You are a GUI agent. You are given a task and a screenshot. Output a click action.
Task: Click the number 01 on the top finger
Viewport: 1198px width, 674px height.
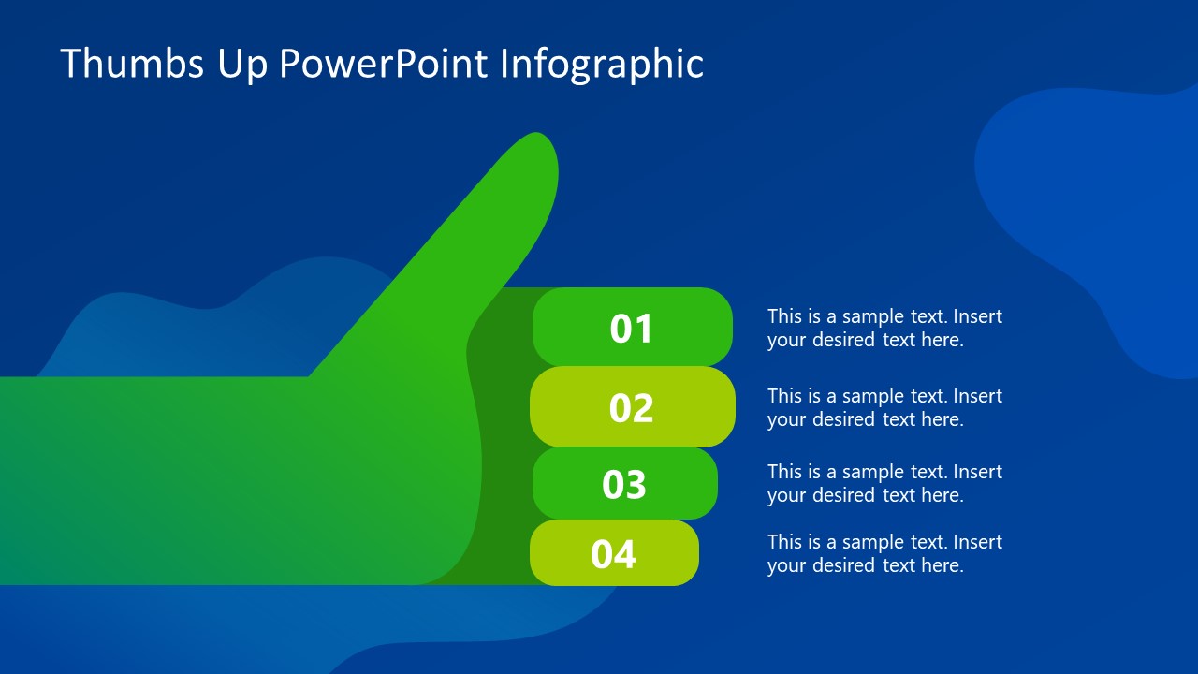[631, 329]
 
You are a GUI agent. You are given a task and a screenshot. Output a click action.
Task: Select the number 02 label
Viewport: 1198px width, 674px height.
[631, 408]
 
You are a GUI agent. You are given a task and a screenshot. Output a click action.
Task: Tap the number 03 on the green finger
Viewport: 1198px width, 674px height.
[624, 485]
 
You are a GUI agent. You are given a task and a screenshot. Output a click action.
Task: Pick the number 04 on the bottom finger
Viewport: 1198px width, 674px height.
[613, 554]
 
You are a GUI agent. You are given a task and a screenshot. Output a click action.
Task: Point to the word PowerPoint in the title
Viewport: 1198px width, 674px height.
[384, 64]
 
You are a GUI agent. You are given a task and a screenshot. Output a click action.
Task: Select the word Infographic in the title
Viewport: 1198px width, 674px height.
[602, 64]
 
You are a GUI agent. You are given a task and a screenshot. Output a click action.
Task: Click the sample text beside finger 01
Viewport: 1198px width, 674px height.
[884, 328]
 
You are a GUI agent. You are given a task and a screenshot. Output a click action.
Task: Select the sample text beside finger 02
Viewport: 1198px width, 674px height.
[884, 407]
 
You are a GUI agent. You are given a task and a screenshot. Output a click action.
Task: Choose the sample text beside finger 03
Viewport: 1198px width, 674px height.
[884, 483]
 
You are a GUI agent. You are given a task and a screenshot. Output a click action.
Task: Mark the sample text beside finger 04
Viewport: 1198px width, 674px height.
[884, 553]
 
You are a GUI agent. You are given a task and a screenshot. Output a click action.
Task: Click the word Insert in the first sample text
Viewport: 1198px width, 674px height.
[978, 316]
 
